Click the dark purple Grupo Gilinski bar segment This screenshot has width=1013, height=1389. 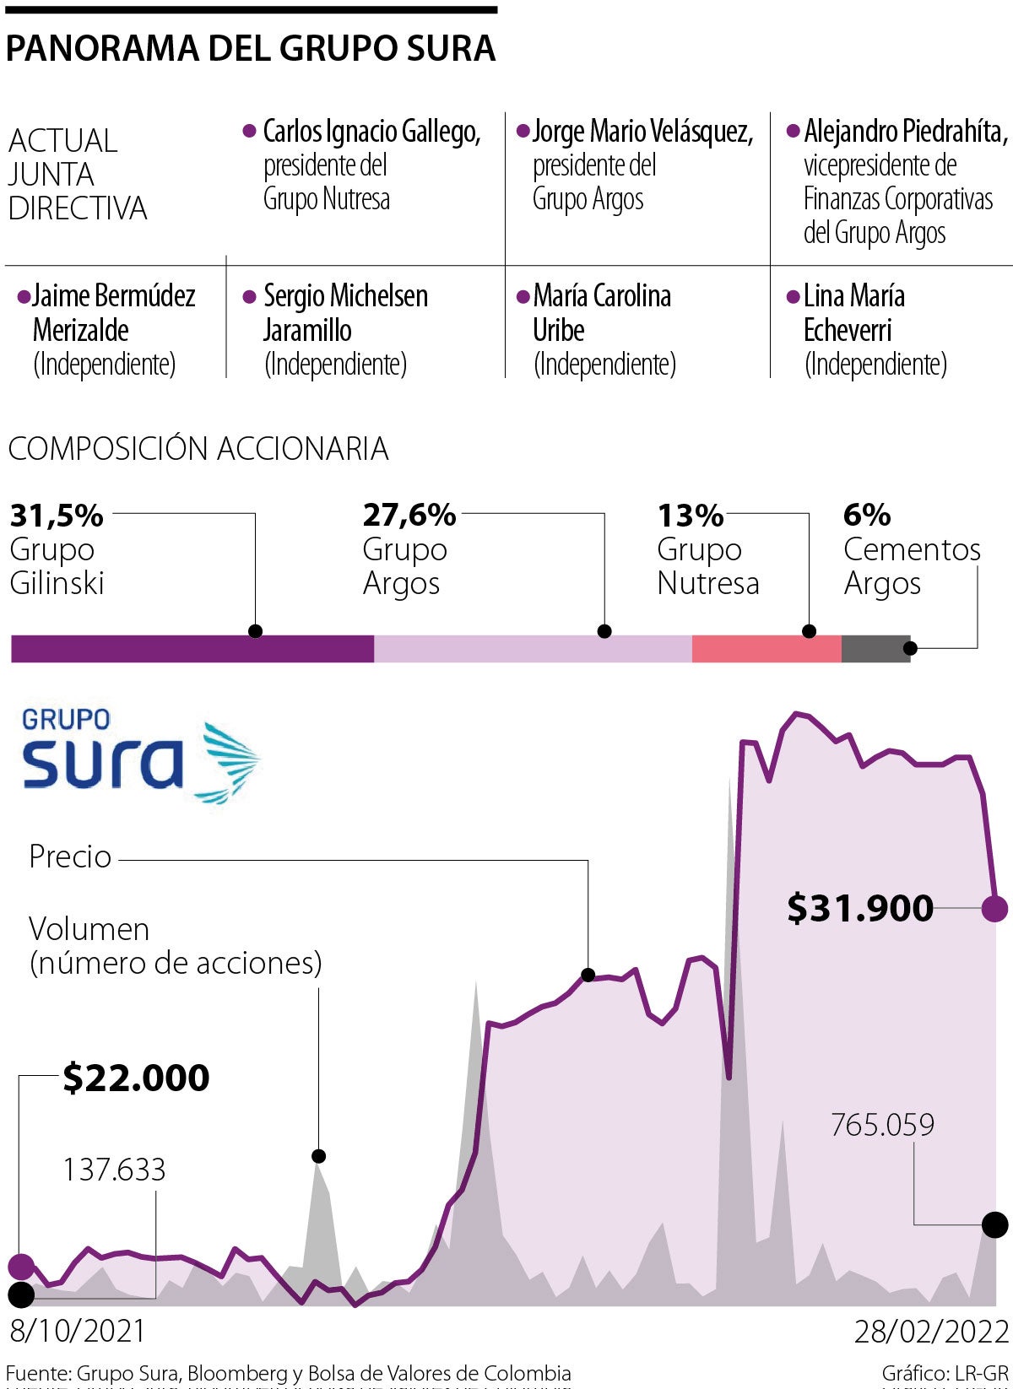coord(192,648)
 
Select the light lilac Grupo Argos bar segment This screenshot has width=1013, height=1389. coord(533,648)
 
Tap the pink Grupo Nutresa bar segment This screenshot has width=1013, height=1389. coord(767,648)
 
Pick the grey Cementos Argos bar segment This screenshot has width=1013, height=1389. coord(875,648)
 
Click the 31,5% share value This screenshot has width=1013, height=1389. coord(57,515)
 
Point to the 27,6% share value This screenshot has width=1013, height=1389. coord(409,515)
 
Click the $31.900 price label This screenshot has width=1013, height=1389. coord(860,908)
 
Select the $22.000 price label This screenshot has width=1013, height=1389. coord(137,1078)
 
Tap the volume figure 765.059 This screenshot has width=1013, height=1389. coord(882,1125)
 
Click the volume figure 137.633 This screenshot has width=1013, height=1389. coord(114,1170)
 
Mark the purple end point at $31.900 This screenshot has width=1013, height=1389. coord(995,909)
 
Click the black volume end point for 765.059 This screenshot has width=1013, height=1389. coord(995,1224)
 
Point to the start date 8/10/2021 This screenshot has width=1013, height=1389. coord(78,1331)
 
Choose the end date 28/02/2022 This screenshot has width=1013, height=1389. coord(932,1332)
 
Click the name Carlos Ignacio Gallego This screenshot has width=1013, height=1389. coord(371,132)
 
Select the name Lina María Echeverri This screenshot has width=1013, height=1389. coord(853,312)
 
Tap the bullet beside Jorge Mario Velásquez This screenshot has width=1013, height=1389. coord(523,132)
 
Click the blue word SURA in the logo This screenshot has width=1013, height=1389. coord(103,764)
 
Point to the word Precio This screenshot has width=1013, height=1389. coord(70,857)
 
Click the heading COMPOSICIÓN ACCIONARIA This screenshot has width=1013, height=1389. coord(198,448)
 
